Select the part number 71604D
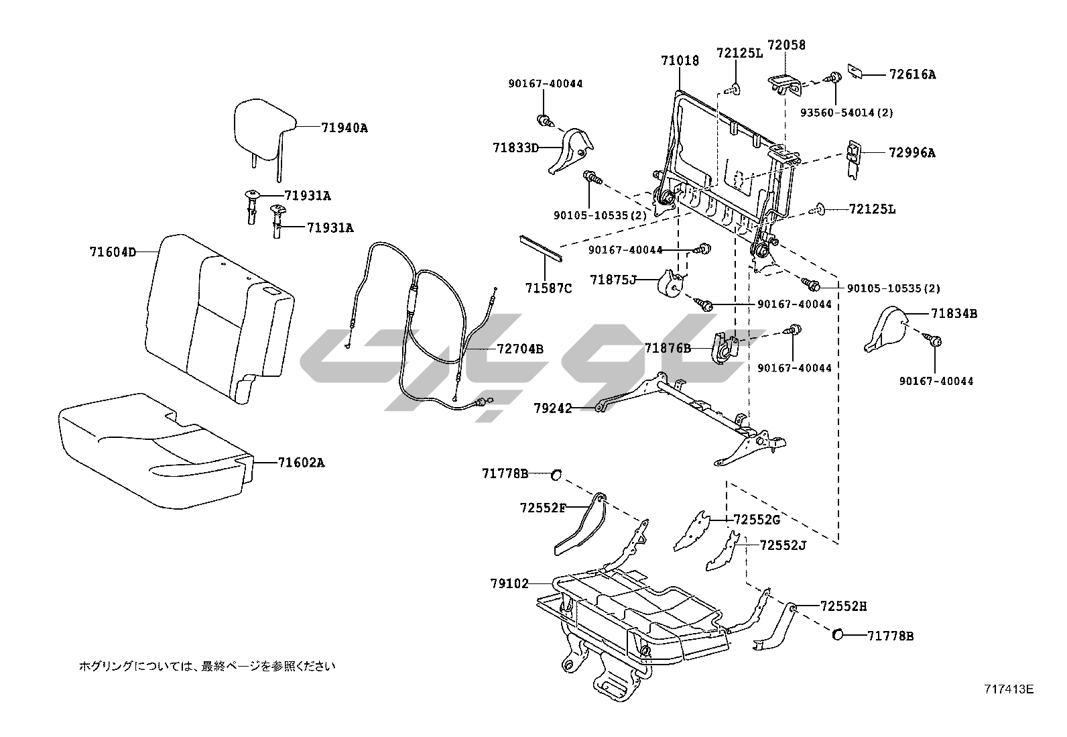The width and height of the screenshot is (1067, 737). point(113,252)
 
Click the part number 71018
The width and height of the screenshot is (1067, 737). point(680,61)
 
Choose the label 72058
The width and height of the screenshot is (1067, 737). point(786,45)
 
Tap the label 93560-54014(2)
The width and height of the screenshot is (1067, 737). point(846,113)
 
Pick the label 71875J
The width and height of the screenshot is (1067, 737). point(613,280)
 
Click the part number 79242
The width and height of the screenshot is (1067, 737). point(553,408)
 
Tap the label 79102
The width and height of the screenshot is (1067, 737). point(509,583)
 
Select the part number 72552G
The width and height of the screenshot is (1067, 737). point(757,520)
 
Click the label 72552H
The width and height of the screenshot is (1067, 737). point(843,606)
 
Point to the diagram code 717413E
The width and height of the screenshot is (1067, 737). point(1009,689)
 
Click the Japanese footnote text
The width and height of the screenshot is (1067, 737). point(207,666)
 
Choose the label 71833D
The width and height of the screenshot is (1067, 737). point(516,147)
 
